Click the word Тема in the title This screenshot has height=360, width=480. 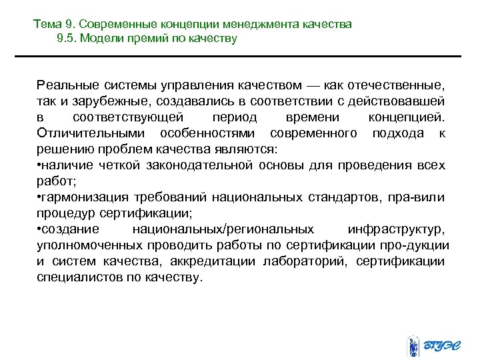[47, 25]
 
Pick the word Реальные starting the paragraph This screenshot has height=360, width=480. [67, 85]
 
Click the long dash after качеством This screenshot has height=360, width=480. [313, 85]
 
